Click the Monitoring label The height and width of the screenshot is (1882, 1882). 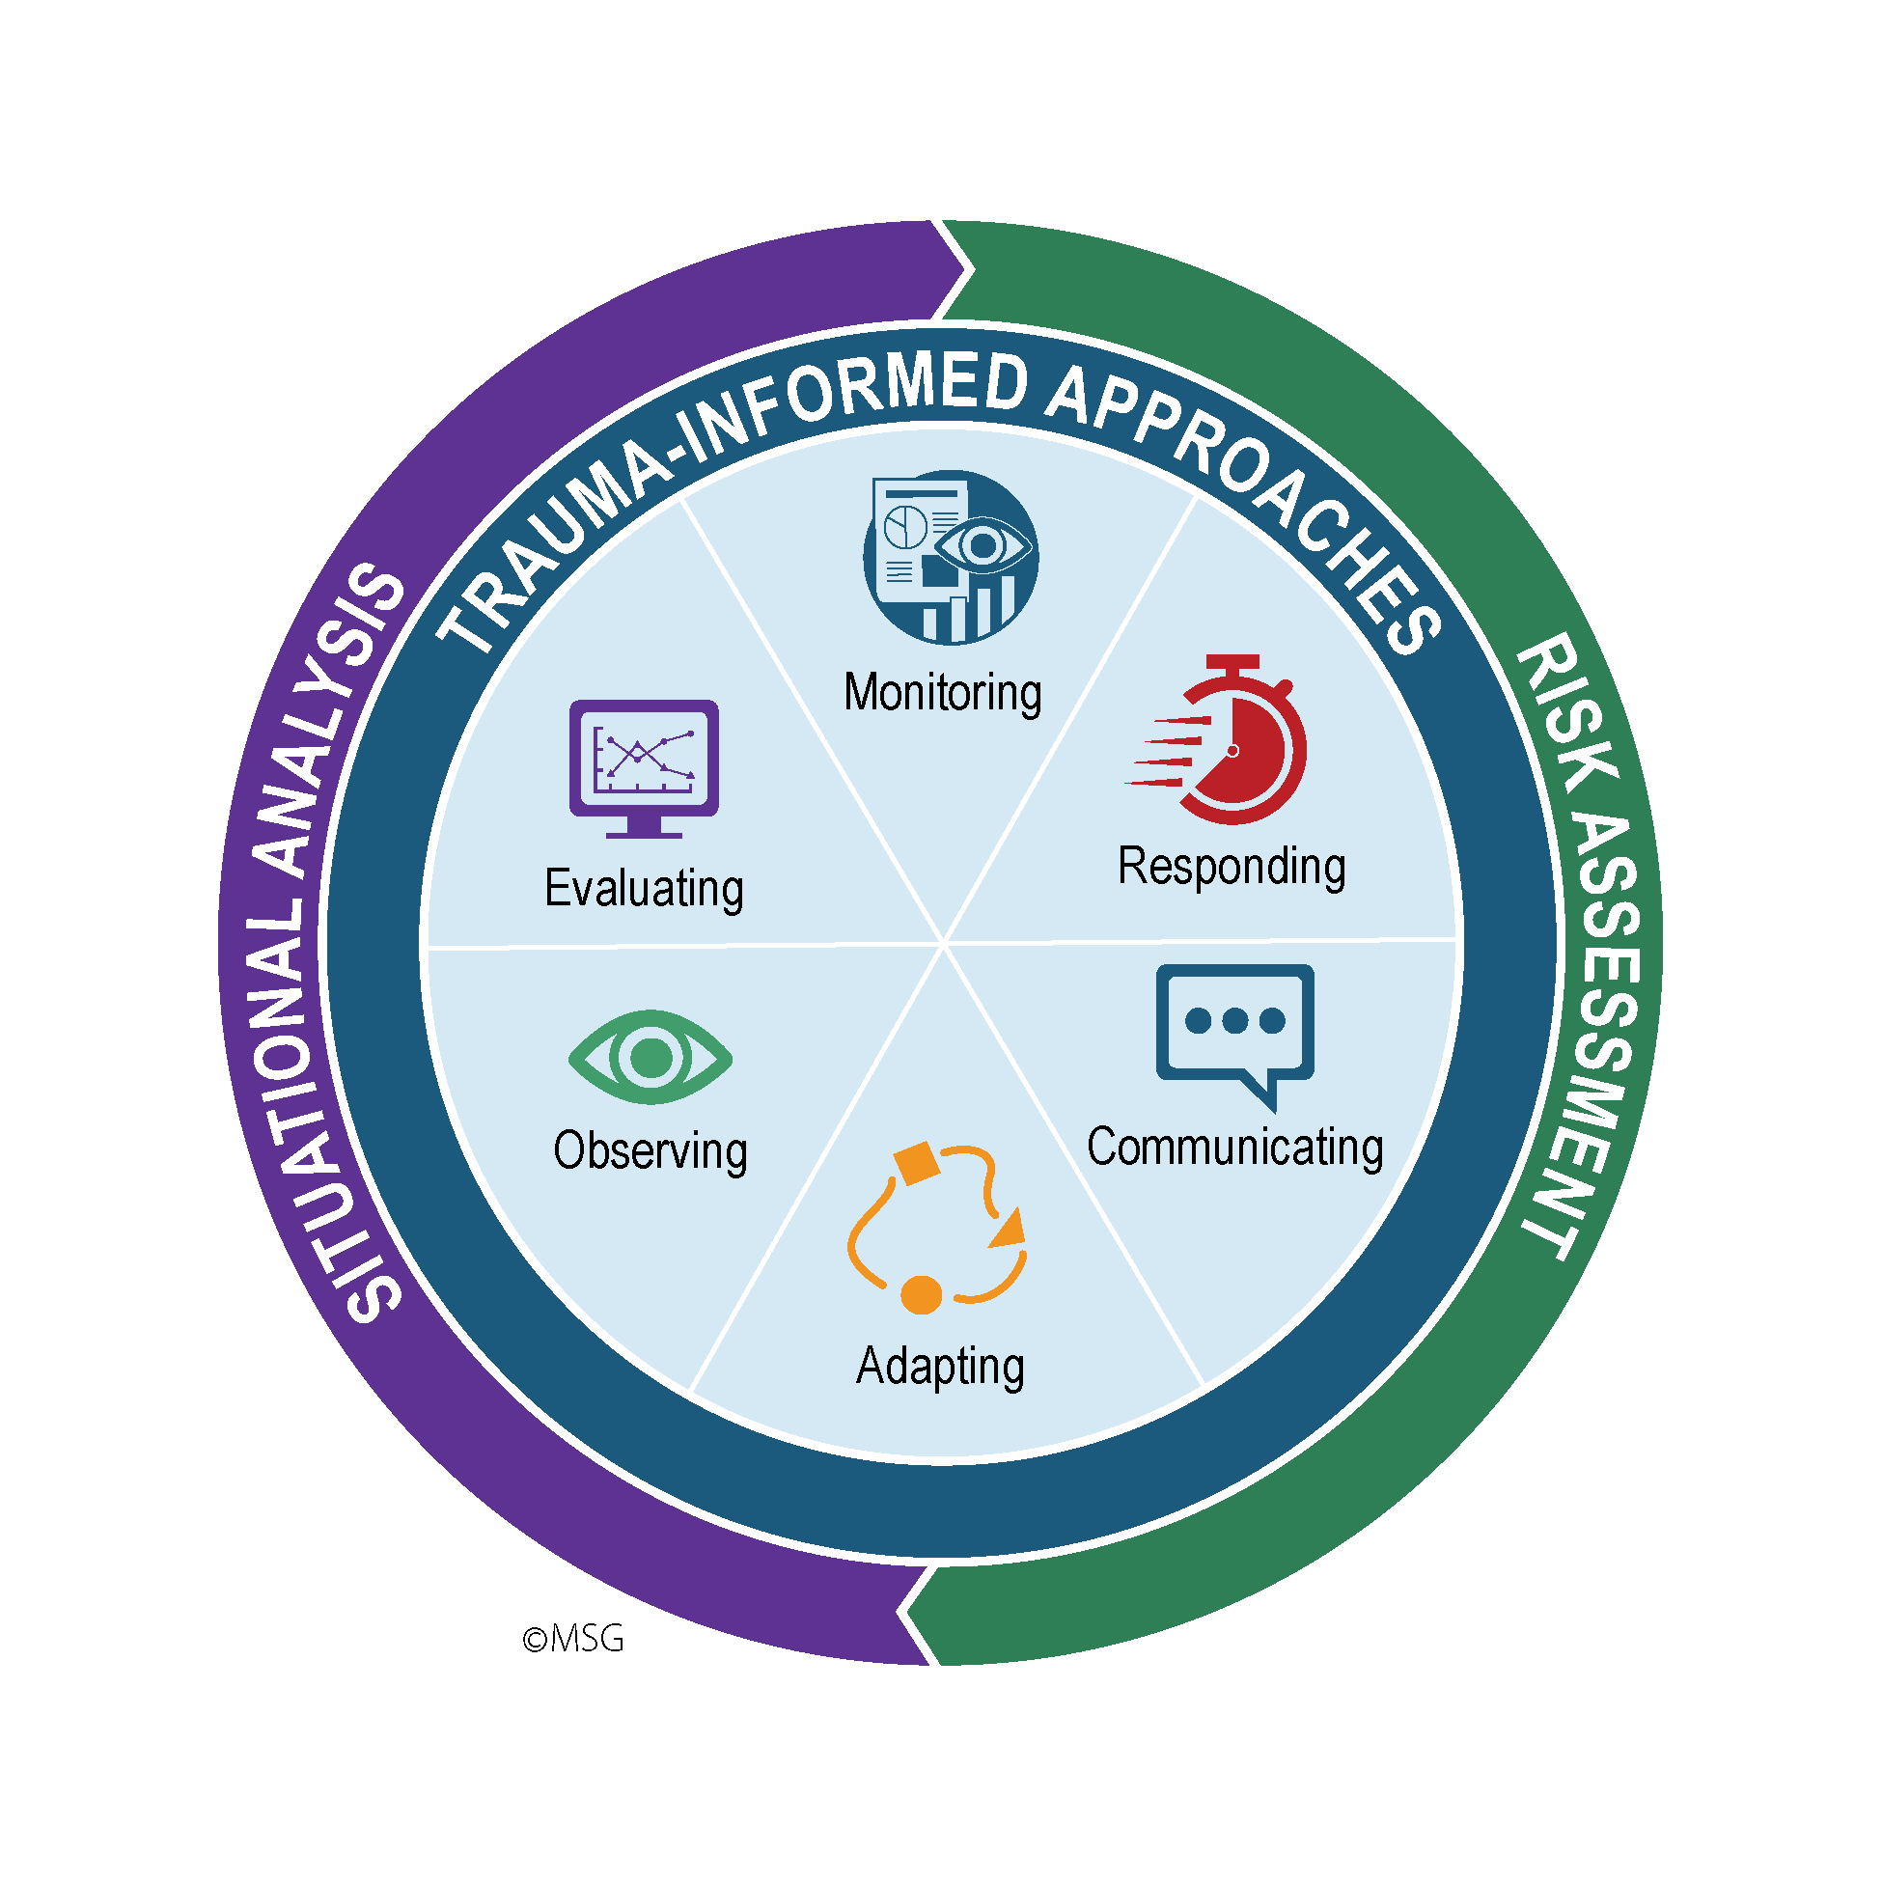pos(942,693)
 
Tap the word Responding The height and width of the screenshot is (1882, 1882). pos(1232,866)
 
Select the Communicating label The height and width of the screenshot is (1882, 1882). pos(1234,1147)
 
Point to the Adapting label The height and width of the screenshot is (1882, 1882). pos(940,1366)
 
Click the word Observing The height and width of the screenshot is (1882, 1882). pos(650,1150)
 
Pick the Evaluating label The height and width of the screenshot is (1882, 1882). pos(644,887)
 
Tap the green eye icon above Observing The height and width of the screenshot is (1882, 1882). pos(650,1058)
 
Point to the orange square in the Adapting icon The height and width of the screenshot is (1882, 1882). pos(916,1163)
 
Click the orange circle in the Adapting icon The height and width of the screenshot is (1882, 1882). pos(921,1294)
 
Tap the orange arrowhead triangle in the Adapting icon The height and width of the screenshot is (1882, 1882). pos(1010,1231)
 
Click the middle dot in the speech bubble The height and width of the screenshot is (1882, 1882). pos(1234,1020)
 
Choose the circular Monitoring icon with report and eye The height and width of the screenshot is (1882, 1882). pos(950,557)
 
